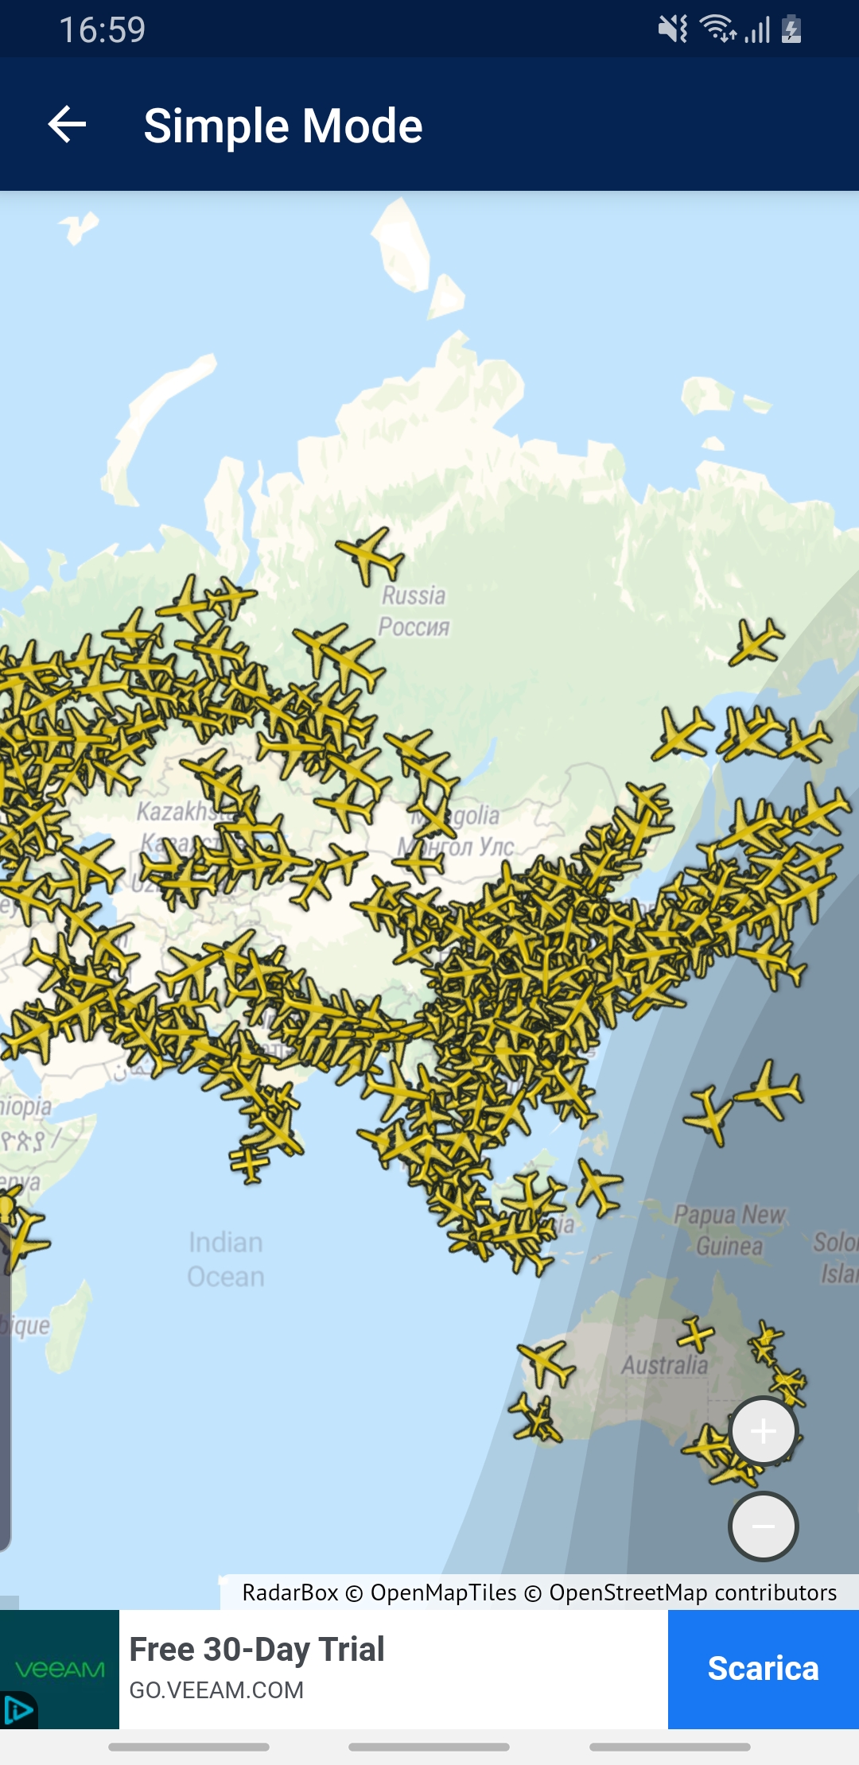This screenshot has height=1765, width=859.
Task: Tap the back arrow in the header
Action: (67, 125)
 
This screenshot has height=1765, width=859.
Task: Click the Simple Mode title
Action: (282, 126)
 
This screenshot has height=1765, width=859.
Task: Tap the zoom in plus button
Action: (763, 1431)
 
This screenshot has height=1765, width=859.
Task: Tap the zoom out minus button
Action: (763, 1526)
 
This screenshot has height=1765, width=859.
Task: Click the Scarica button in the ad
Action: (763, 1669)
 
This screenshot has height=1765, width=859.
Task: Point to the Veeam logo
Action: (60, 1669)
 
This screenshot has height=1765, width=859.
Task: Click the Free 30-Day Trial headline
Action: (257, 1650)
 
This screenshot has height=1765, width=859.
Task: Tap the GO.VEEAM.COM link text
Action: (216, 1690)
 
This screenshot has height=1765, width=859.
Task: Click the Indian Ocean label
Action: (226, 1259)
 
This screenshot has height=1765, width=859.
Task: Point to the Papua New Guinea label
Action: (729, 1230)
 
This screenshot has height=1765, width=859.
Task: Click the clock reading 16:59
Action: (103, 30)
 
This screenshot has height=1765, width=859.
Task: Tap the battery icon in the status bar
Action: (791, 29)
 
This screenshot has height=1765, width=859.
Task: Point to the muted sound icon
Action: (672, 29)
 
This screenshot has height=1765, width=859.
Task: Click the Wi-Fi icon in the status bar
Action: (717, 29)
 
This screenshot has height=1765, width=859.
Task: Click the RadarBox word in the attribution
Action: (290, 1592)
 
